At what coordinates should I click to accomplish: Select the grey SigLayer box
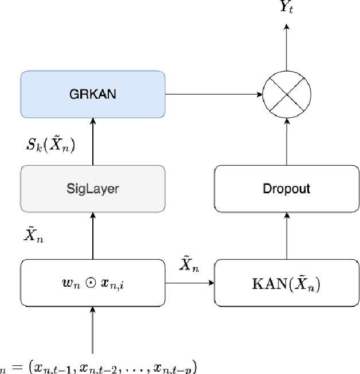[x=93, y=188]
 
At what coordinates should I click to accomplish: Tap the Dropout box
[x=286, y=188]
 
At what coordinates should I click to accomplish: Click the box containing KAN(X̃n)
[x=286, y=283]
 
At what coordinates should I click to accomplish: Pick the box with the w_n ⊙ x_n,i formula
[x=93, y=283]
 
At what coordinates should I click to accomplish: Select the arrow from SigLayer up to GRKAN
[x=93, y=140]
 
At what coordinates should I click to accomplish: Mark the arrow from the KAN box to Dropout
[x=286, y=235]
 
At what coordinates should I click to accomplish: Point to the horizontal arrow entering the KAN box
[x=189, y=283]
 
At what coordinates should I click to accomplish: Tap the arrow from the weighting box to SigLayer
[x=93, y=235]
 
